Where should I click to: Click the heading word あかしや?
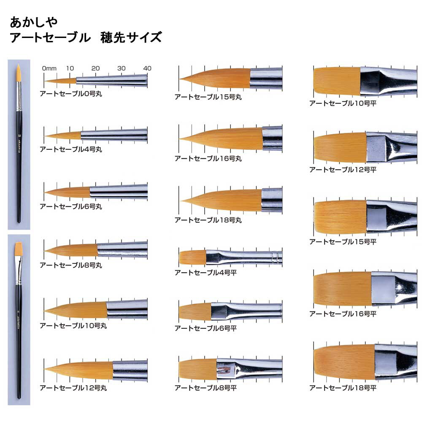coord(34,22)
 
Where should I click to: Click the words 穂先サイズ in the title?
coord(131,38)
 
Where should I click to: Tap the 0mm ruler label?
coord(49,68)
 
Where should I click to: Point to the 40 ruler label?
coord(147,68)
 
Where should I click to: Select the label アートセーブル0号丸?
coord(71,94)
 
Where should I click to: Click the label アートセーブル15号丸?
coord(208,97)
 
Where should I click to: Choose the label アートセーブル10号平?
coord(343,103)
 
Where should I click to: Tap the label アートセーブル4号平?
coord(206,273)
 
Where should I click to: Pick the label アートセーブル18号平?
coord(343,388)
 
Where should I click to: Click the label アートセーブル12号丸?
coord(73,388)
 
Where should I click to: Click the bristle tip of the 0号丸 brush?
coord(45,81)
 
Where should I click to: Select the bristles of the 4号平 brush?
coord(192,257)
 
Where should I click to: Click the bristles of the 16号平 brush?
coord(343,289)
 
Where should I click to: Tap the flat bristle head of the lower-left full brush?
coord(18,249)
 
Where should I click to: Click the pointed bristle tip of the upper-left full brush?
coord(18,65)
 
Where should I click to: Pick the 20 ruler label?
coord(95,68)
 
